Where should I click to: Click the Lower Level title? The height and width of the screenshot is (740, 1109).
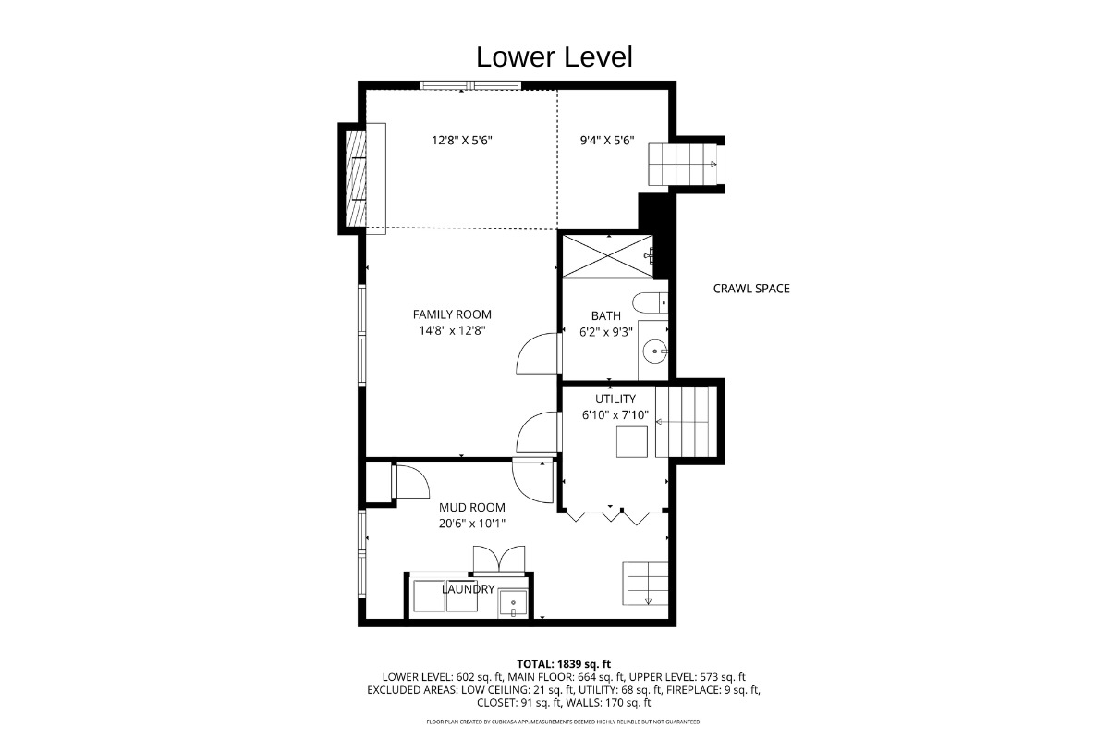[554, 57]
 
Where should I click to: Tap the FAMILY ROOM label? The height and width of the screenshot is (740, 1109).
[452, 314]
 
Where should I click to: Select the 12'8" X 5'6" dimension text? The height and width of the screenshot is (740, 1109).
[462, 141]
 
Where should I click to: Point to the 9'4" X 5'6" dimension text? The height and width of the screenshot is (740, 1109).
[607, 141]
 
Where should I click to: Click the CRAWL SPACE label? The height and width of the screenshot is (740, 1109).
[751, 289]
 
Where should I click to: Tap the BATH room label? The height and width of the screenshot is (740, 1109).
[606, 315]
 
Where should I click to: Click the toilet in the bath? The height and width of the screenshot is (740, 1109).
[650, 302]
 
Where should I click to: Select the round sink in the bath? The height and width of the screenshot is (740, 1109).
[655, 351]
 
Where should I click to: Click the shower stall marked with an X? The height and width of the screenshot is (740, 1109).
[608, 256]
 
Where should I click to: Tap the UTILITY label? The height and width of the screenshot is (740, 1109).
[615, 399]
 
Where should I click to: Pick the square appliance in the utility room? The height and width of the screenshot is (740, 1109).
[632, 441]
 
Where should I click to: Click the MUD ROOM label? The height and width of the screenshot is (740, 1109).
[472, 508]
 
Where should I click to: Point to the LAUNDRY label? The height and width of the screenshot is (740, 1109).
[468, 589]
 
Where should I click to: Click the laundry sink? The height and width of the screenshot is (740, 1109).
[513, 603]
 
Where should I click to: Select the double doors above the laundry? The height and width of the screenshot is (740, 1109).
[499, 559]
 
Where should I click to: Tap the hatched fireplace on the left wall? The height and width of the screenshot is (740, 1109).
[356, 179]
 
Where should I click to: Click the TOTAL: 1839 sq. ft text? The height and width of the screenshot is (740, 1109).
[564, 664]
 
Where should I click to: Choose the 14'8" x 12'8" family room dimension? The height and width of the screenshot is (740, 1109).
[452, 330]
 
